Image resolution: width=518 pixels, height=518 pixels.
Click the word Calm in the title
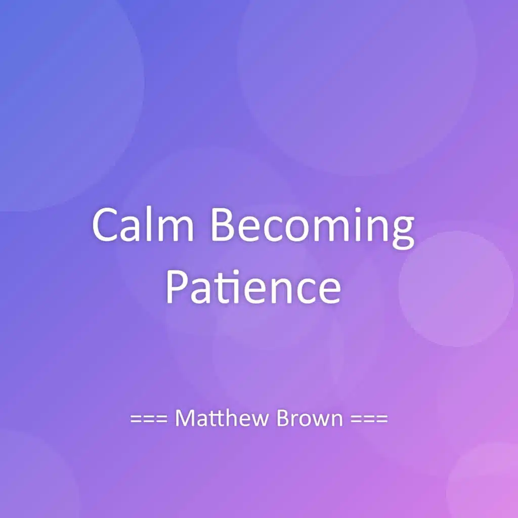143,225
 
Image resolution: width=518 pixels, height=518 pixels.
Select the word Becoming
313,229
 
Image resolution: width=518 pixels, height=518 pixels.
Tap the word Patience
253,286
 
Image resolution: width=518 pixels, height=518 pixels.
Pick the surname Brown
310,418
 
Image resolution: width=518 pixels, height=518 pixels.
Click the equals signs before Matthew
149,419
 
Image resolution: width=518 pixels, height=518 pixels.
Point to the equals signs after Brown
369,419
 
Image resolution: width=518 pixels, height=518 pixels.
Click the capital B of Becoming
223,225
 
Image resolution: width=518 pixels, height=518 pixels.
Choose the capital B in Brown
283,418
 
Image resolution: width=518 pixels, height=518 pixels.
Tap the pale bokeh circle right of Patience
456,289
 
